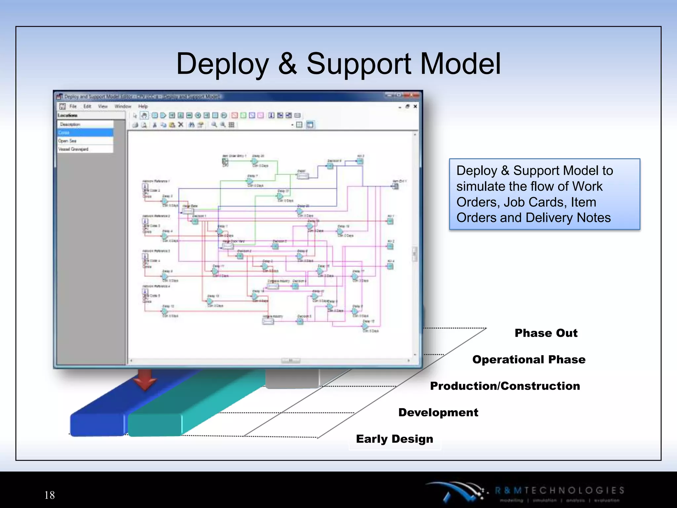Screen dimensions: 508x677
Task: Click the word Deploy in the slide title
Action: pos(222,64)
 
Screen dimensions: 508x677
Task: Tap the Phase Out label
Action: pos(546,333)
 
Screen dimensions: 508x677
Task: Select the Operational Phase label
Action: pos(529,360)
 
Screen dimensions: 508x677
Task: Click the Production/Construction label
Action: pos(505,386)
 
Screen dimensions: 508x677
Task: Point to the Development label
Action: pos(438,412)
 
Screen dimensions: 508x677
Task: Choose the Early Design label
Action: pos(394,439)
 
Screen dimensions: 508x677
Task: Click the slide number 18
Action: pos(50,495)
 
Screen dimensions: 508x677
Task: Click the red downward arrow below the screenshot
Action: pos(145,380)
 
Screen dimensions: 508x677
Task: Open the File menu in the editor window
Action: pos(73,106)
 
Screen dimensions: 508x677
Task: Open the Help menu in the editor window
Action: pos(143,106)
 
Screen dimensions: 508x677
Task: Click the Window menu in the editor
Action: pos(123,106)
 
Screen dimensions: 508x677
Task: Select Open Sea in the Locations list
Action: pos(67,141)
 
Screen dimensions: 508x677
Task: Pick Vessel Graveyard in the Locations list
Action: pos(73,149)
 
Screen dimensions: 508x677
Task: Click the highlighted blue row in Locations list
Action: pos(85,133)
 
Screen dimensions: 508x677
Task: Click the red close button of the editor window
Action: pos(412,95)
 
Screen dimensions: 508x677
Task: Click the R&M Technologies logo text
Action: pos(559,490)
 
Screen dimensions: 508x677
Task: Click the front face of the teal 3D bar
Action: pos(154,425)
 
